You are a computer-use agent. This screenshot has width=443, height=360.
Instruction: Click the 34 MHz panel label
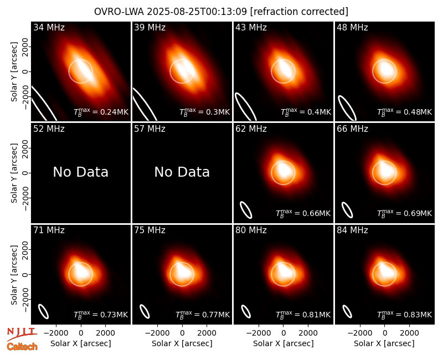tap(49, 27)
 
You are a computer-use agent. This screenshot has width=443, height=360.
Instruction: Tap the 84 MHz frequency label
tap(352, 230)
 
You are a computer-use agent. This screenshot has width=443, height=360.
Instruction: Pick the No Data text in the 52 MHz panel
tap(81, 172)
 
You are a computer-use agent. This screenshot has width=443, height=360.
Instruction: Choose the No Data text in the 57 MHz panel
tap(182, 172)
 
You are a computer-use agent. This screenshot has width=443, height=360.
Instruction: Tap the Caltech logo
tap(22, 347)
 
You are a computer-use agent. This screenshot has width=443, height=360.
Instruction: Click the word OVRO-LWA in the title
tap(119, 12)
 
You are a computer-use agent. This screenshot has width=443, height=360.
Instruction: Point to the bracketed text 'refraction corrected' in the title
tap(299, 12)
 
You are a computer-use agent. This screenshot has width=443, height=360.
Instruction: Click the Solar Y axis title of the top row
tap(14, 72)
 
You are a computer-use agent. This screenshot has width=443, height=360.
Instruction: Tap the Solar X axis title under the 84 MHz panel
tap(384, 343)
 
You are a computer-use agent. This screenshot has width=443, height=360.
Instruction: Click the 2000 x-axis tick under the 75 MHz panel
tap(207, 333)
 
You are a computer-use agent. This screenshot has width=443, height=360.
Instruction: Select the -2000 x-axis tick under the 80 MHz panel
tap(258, 333)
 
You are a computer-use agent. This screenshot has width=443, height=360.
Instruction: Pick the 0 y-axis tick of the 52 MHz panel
tap(25, 173)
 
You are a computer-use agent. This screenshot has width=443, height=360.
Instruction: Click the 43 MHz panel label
tap(251, 27)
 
